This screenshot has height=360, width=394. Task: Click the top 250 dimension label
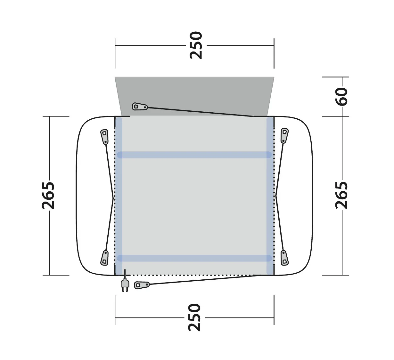pos(196,45)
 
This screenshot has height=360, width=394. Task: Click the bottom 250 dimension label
pos(194,318)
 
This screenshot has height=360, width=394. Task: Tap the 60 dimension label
pos(341,97)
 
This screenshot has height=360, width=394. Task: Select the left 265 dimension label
pos(48,196)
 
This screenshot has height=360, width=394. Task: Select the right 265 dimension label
pos(341,195)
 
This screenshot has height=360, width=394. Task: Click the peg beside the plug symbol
pos(142,285)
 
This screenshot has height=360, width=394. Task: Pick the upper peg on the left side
pos(105,137)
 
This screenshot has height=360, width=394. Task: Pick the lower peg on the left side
pos(104,258)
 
